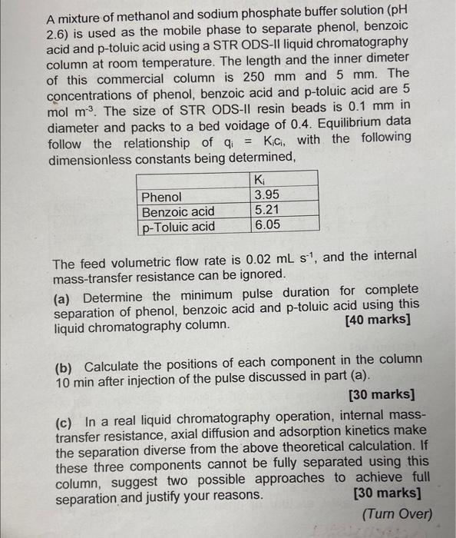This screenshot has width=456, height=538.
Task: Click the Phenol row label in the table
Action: tap(162, 197)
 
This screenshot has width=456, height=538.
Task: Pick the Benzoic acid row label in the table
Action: tap(178, 211)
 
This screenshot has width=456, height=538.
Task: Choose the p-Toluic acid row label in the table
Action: tap(179, 227)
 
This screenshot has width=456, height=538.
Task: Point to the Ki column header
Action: tap(258, 180)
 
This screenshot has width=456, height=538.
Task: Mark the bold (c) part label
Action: tap(66, 421)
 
